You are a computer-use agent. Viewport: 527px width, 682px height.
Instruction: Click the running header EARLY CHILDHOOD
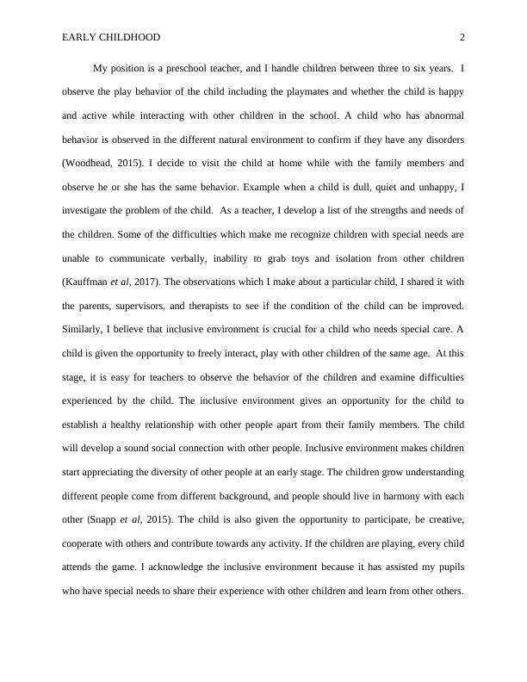(x=111, y=37)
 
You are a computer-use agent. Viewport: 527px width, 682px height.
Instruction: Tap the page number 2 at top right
(x=462, y=37)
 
